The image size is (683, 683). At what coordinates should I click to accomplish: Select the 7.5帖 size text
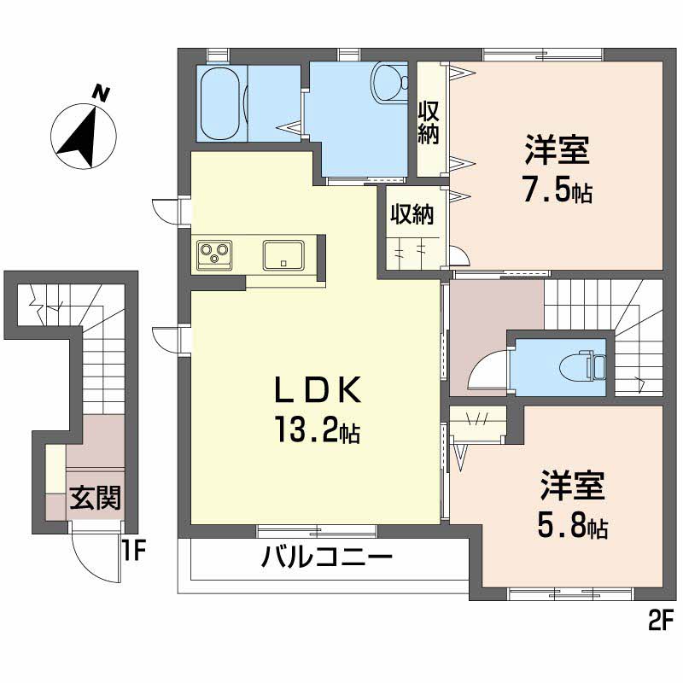(x=557, y=190)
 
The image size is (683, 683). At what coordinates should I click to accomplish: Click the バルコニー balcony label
(x=327, y=560)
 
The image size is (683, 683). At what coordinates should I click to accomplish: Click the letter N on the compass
(x=102, y=93)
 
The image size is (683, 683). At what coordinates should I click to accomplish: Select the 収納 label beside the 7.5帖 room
(x=429, y=123)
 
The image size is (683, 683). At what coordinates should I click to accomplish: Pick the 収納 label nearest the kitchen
(x=412, y=214)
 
